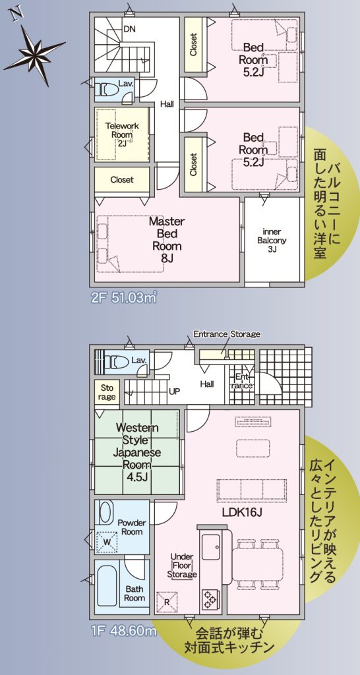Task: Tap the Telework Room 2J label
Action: [122, 134]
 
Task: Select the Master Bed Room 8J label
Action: [167, 240]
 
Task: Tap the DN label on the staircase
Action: [129, 29]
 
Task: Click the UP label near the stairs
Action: [175, 392]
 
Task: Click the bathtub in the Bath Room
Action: [107, 587]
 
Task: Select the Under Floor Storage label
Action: [182, 565]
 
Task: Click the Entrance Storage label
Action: [227, 334]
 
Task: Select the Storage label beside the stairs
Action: [106, 392]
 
